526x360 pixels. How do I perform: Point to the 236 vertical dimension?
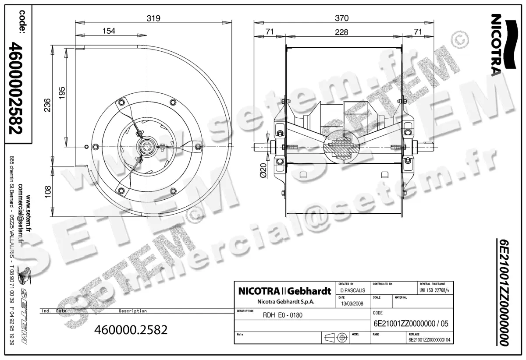[x=47, y=106]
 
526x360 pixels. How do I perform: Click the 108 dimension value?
[x=47, y=192]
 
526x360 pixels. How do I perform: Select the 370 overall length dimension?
[x=341, y=18]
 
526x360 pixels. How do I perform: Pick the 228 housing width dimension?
[x=341, y=32]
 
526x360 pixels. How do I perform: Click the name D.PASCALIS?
[x=352, y=291]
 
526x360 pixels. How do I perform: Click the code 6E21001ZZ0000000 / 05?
[x=410, y=324]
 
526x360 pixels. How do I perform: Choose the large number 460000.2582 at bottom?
[x=131, y=330]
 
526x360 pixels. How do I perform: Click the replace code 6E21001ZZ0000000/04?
[x=429, y=339]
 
